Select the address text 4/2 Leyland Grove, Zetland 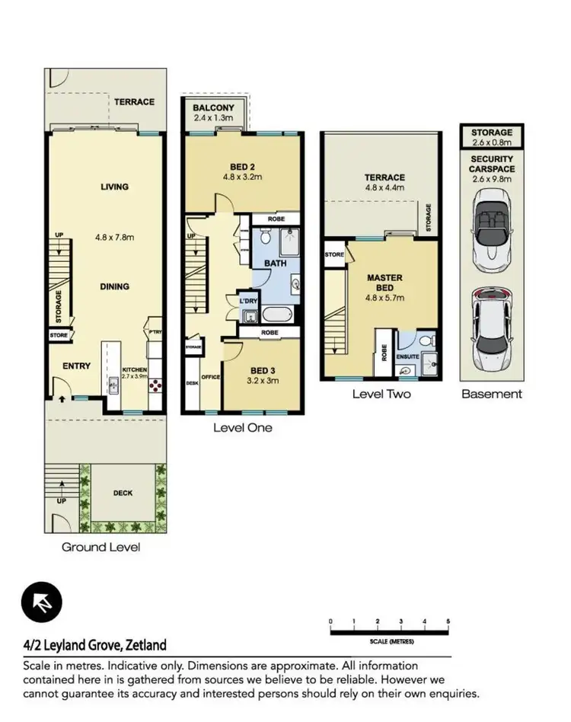pyautogui.click(x=95, y=646)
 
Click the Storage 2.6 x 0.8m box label pyautogui.click(x=491, y=137)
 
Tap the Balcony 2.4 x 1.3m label pyautogui.click(x=213, y=113)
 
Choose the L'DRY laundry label pyautogui.click(x=247, y=302)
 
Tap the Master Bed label pyautogui.click(x=385, y=283)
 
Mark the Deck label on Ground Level pyautogui.click(x=123, y=493)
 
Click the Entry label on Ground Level pyautogui.click(x=76, y=366)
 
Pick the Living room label pyautogui.click(x=113, y=187)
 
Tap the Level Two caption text pyautogui.click(x=381, y=394)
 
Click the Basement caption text pyautogui.click(x=492, y=394)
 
